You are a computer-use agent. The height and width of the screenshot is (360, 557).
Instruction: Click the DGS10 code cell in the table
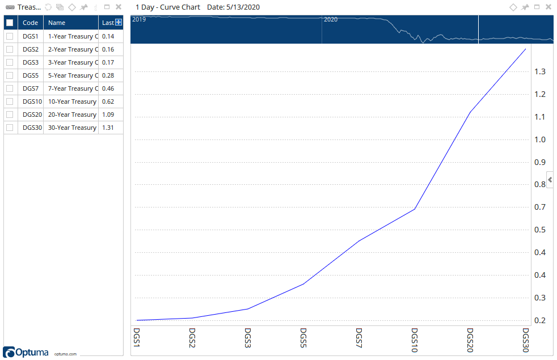point(32,101)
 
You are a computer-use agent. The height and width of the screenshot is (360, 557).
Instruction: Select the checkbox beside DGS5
point(10,75)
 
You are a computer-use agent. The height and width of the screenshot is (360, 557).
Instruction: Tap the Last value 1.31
point(108,128)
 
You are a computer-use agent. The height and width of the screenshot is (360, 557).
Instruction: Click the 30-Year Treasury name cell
point(72,128)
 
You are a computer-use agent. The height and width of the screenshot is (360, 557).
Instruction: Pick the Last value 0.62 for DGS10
point(108,101)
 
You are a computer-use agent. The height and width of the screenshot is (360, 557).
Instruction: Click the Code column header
point(31,23)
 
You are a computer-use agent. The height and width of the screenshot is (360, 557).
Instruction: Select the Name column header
point(57,23)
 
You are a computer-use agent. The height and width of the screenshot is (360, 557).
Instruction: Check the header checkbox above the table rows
point(10,23)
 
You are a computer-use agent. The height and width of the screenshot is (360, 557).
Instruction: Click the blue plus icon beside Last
point(119,22)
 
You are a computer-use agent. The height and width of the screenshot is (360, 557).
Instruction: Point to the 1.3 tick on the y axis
point(539,71)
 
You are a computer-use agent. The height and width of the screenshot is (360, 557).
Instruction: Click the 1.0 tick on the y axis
point(539,139)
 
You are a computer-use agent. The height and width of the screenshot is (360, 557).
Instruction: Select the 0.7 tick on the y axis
point(539,207)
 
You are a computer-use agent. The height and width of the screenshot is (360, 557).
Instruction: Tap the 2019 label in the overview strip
point(139,19)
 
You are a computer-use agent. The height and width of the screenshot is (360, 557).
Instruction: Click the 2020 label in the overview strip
point(331,19)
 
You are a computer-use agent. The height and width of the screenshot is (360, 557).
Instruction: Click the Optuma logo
point(26,351)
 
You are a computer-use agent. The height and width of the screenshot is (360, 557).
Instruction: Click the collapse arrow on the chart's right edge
point(550,180)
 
